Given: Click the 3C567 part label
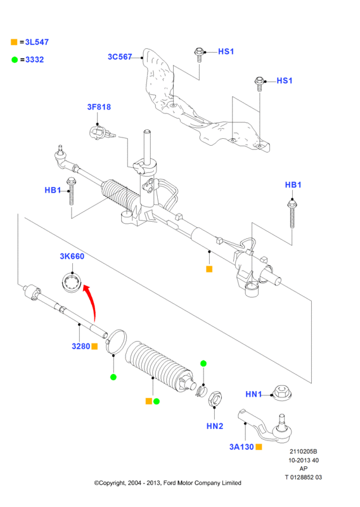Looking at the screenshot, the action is click(120, 57).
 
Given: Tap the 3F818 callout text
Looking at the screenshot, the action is click(99, 107).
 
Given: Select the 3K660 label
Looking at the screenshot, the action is click(72, 257).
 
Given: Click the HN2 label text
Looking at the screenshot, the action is click(215, 426).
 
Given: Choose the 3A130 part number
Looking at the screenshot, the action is click(241, 447).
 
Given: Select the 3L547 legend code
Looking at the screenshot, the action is click(37, 42).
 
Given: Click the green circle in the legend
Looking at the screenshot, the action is click(15, 60).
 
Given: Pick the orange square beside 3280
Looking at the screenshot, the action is click(94, 346).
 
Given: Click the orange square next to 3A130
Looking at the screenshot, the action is click(259, 447).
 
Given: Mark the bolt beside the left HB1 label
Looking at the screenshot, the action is click(71, 191).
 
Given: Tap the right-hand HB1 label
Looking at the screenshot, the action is click(293, 185).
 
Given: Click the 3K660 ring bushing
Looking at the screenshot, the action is click(72, 282).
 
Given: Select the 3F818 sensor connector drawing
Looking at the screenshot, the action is click(101, 132).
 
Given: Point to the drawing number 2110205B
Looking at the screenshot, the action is click(303, 451).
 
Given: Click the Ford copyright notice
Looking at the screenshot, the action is click(167, 483).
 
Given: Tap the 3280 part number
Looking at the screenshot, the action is click(81, 346).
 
